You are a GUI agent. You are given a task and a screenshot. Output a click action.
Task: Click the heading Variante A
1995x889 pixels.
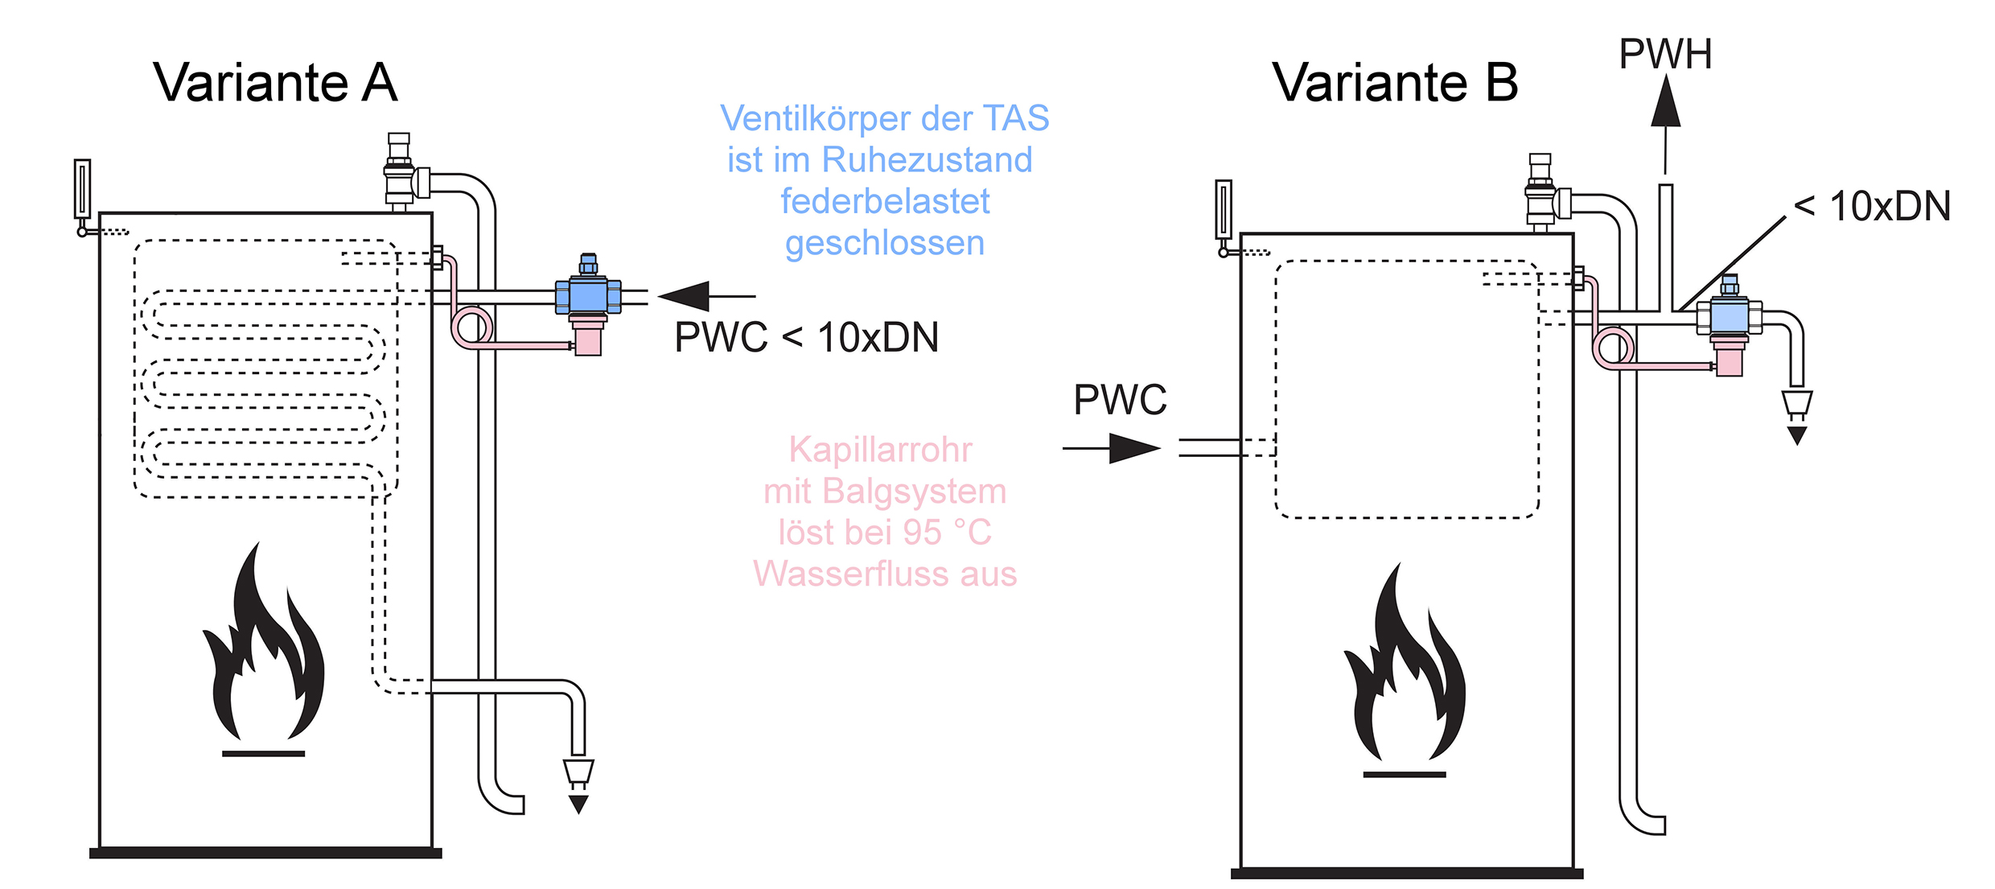pos(275,83)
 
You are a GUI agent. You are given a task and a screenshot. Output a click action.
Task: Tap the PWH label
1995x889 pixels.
pos(1665,55)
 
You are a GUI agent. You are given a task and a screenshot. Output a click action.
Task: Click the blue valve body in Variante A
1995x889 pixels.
pos(588,295)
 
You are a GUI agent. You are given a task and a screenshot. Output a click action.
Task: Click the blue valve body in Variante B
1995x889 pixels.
pos(1729,316)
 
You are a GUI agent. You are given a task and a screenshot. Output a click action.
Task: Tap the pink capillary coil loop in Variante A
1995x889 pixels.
pos(472,327)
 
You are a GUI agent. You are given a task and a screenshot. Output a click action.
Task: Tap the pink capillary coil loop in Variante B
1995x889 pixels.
pos(1613,348)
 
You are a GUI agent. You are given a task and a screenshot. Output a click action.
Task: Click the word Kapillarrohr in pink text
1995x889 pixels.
pos(880,450)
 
